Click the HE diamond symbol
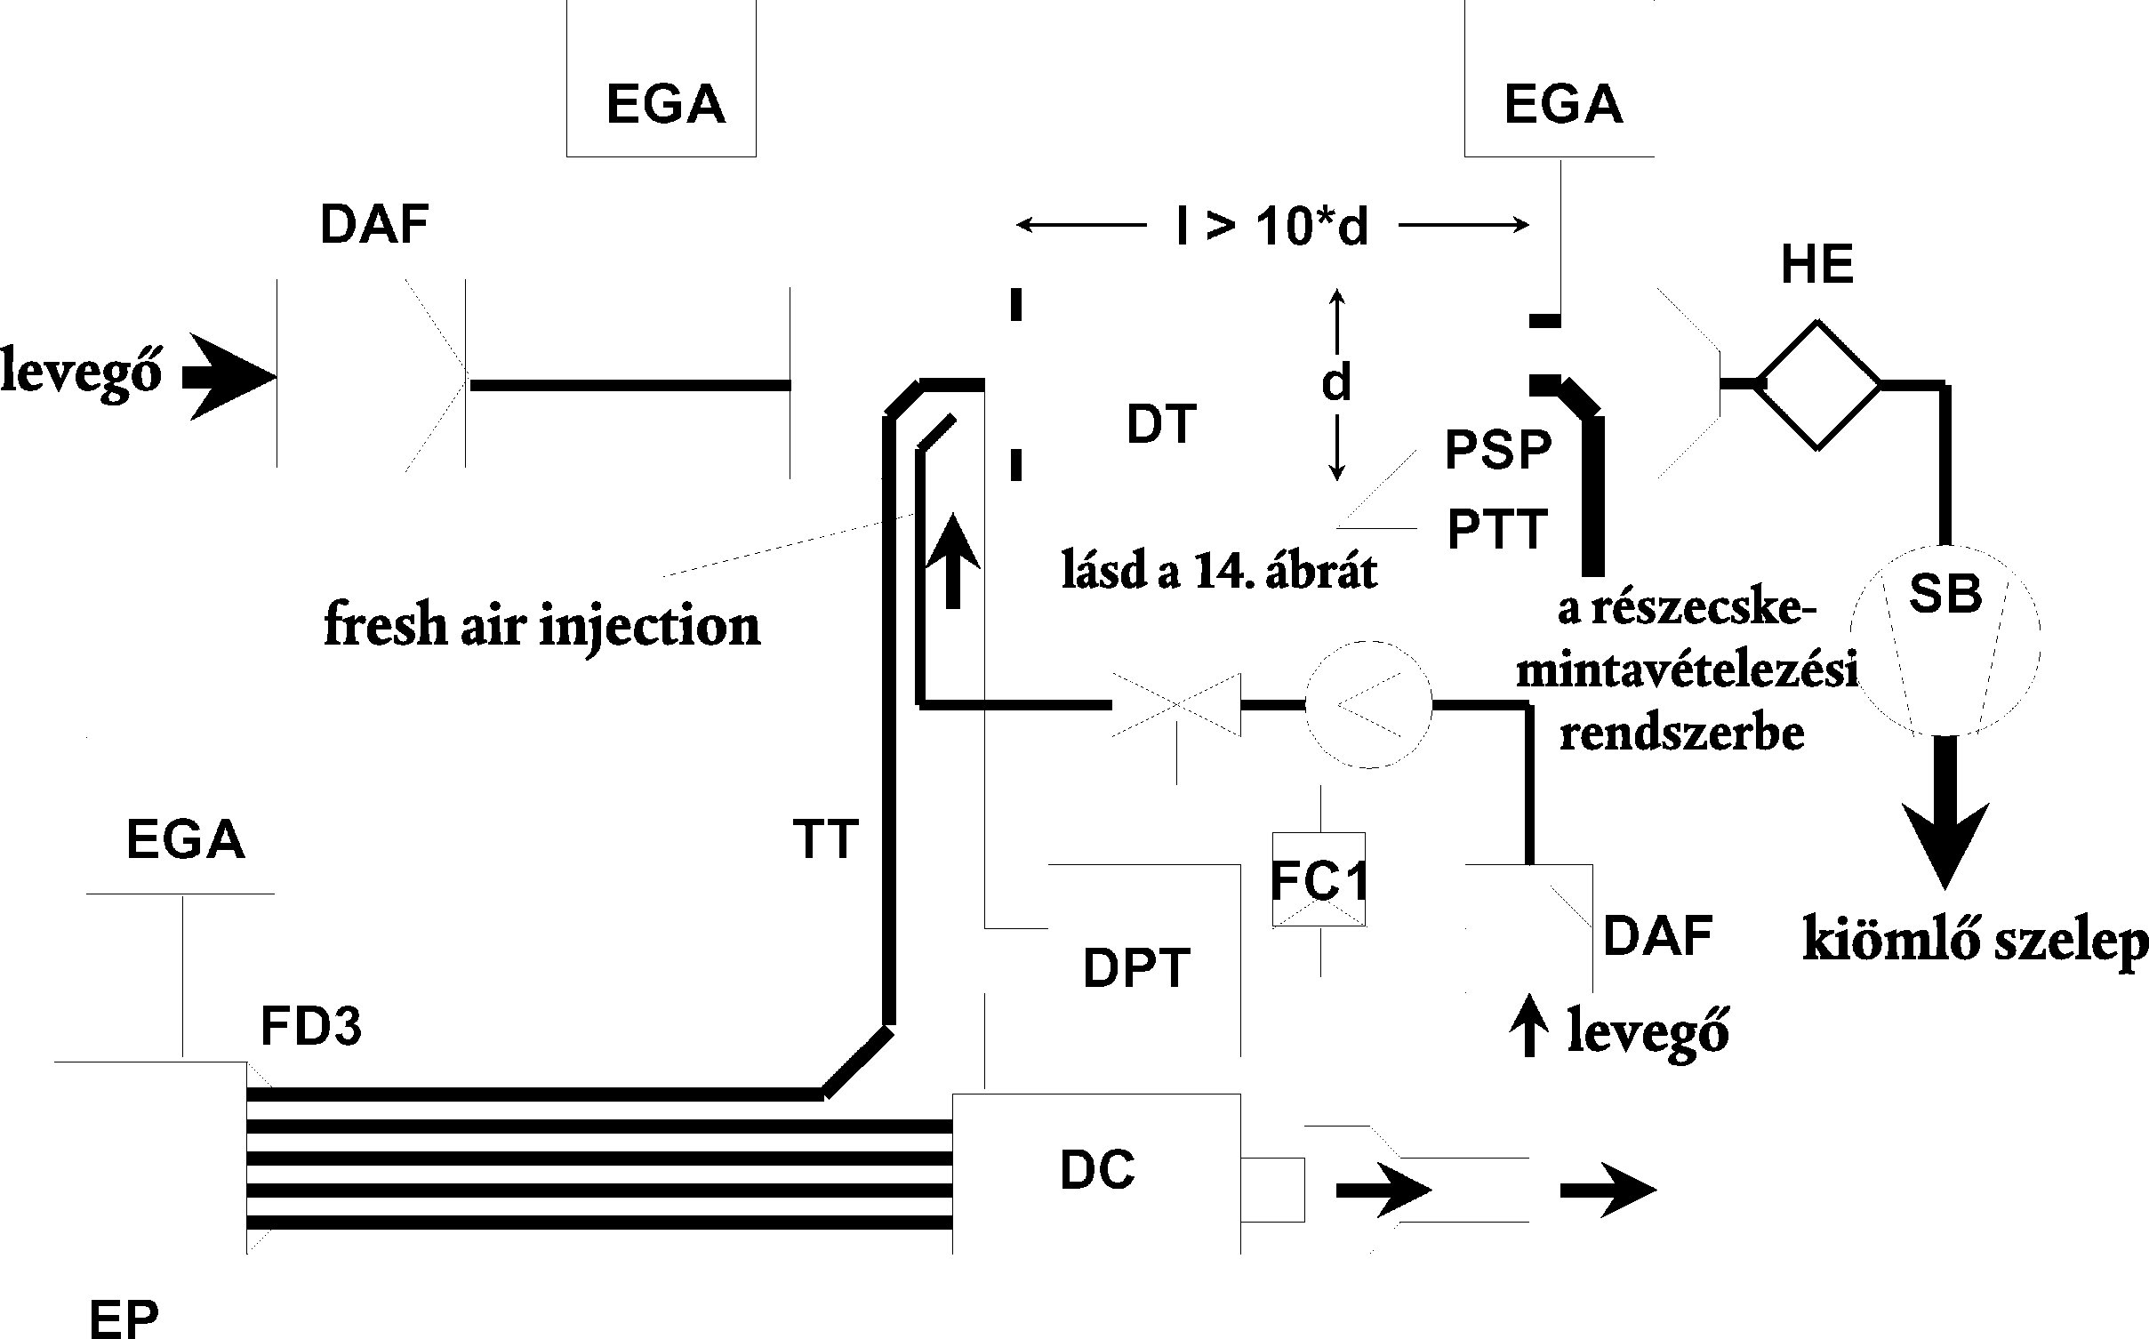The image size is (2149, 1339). (x=1818, y=385)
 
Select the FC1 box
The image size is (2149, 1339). (x=1319, y=879)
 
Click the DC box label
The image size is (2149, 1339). (x=1097, y=1170)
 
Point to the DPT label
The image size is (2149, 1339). (x=1136, y=968)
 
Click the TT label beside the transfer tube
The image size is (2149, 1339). (x=826, y=838)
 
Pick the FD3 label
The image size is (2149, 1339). (x=310, y=1028)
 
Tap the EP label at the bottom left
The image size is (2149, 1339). (x=124, y=1318)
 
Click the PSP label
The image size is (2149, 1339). (x=1498, y=450)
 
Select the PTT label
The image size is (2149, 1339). (x=1498, y=530)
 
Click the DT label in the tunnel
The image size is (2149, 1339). (x=1162, y=424)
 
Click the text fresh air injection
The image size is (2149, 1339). (x=542, y=626)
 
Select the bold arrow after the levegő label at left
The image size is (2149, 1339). (x=229, y=377)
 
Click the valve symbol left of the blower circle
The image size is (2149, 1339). (x=1176, y=705)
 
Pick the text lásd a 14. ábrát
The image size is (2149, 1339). (x=1220, y=572)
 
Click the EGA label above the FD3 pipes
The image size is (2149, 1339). (x=185, y=840)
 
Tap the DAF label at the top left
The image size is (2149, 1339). (x=374, y=224)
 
